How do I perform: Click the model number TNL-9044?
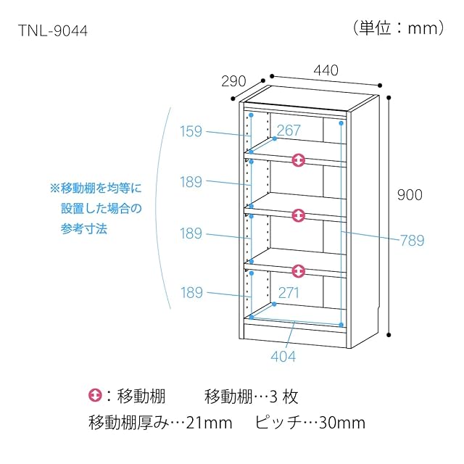(x=54, y=32)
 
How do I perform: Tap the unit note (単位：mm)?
(x=399, y=28)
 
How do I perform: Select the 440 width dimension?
(x=326, y=70)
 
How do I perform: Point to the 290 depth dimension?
(x=233, y=80)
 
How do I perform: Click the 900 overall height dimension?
(x=410, y=195)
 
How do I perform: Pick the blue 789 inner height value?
(x=411, y=241)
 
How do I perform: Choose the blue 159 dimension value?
(x=191, y=132)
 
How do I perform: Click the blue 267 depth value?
(x=289, y=130)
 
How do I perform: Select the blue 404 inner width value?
(x=283, y=356)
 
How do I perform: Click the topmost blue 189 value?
(x=191, y=182)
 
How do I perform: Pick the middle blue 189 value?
(x=191, y=234)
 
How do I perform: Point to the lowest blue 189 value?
(x=191, y=293)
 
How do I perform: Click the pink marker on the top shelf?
(x=298, y=160)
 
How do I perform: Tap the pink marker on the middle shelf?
(x=298, y=216)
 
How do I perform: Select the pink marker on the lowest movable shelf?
(x=298, y=271)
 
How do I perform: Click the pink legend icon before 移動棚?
(x=95, y=397)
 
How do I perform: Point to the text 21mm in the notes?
(x=210, y=422)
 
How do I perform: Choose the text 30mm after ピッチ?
(x=343, y=422)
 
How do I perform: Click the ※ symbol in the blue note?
(x=54, y=188)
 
